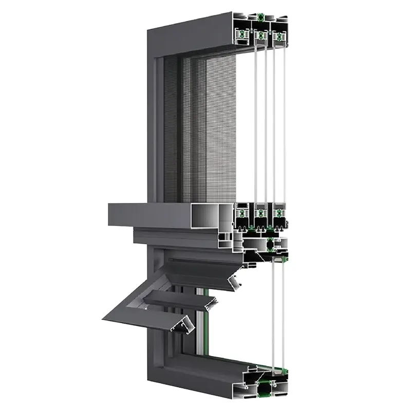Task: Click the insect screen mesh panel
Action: coord(206,128)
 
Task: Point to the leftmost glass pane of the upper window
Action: coord(256,118)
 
